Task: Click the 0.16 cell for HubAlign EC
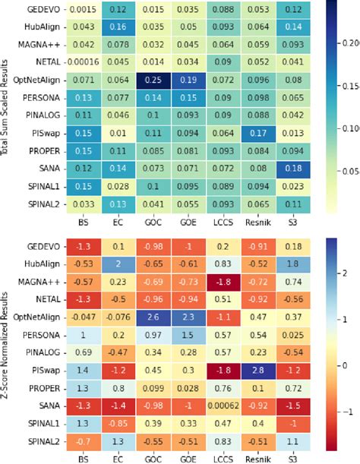click(x=119, y=27)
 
